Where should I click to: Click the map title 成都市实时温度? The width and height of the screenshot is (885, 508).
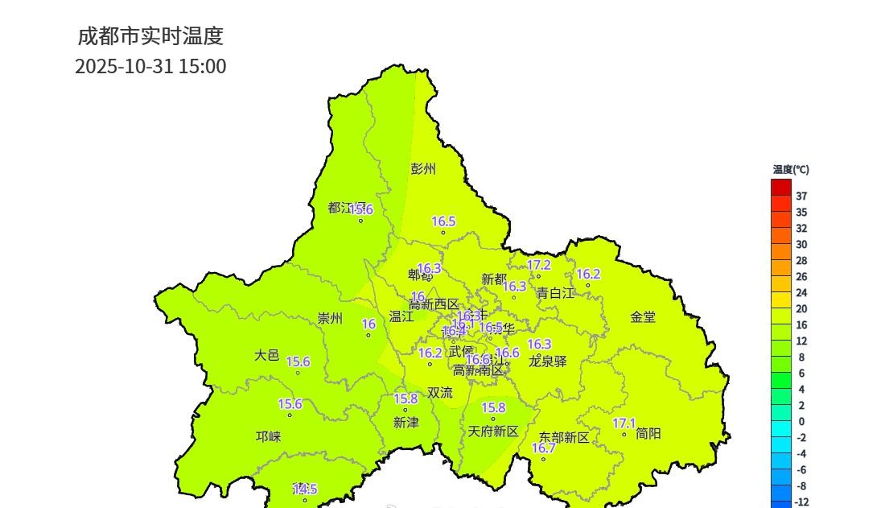150,36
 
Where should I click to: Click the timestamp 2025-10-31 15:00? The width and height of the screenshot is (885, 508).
150,67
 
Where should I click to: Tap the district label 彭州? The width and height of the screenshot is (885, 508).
423,169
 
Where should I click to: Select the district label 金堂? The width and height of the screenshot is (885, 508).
643,317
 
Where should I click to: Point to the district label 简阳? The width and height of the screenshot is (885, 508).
648,433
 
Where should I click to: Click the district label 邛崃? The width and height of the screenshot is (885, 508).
269,436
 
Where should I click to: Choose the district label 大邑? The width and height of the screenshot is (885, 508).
267,354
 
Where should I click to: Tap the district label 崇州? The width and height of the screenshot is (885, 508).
330,319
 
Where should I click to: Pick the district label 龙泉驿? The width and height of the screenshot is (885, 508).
548,361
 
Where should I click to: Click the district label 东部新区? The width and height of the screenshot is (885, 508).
564,437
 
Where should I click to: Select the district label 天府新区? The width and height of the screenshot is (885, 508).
493,432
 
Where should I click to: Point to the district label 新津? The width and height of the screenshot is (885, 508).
406,422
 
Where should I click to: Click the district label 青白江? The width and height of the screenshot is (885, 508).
556,293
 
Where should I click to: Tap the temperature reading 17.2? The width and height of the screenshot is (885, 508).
539,265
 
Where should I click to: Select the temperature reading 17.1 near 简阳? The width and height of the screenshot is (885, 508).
624,423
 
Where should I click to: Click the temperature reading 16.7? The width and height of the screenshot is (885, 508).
544,448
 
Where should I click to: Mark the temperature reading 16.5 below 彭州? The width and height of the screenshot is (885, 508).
443,221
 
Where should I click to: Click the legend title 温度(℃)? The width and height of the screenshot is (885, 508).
791,170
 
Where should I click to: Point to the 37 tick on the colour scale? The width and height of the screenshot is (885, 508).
801,196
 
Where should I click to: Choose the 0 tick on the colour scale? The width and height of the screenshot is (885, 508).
801,422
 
